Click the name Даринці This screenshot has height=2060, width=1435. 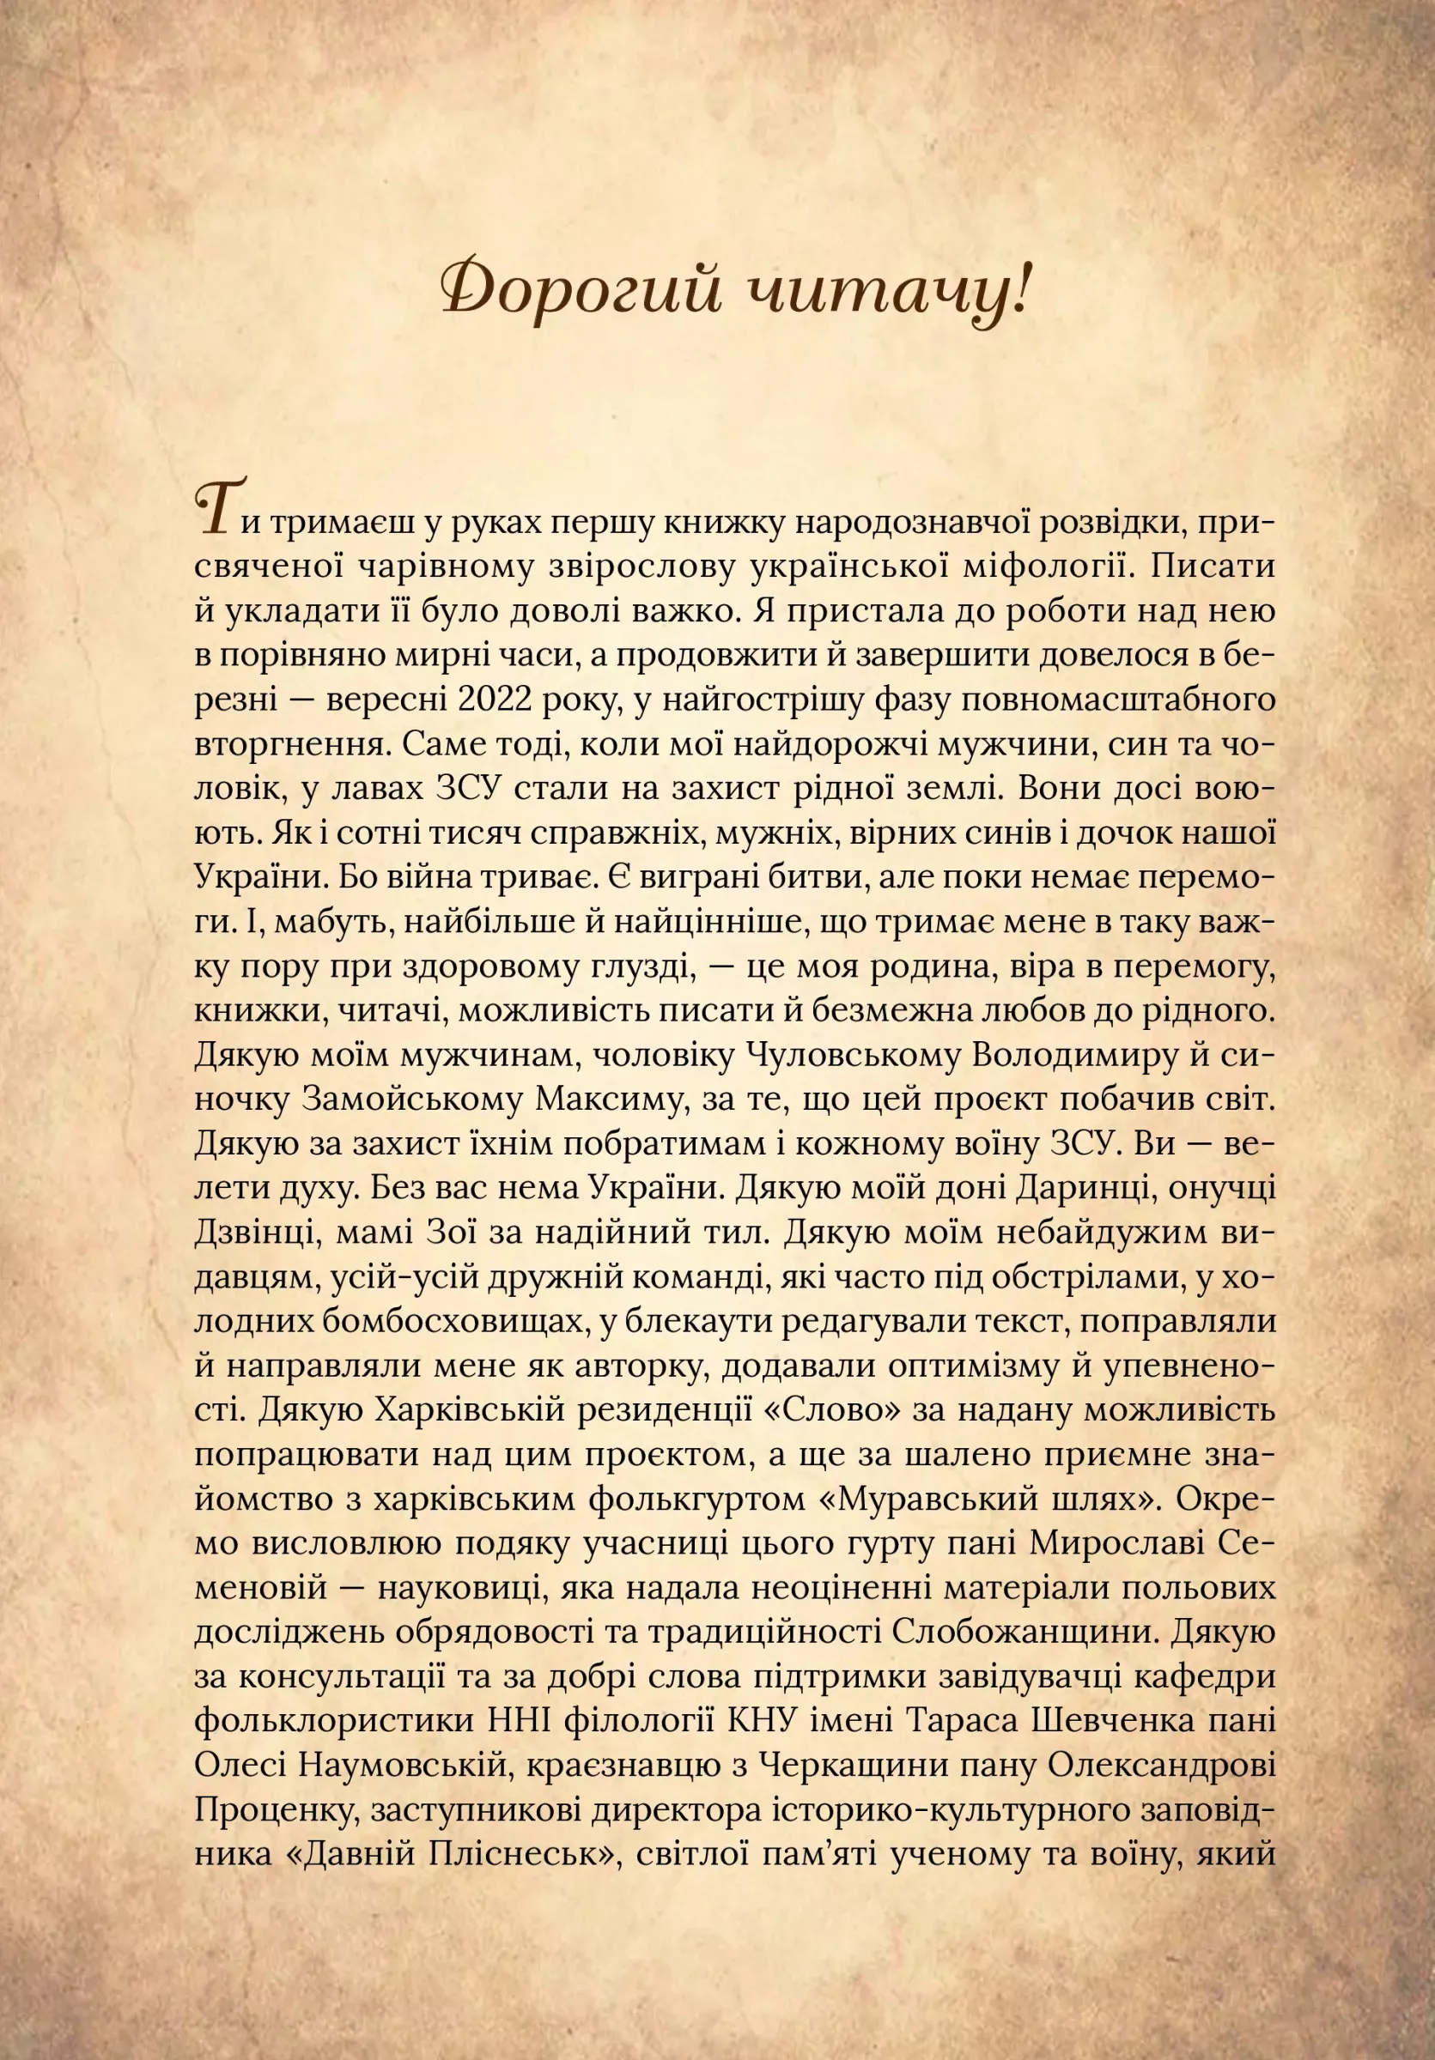pos(1091,1189)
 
